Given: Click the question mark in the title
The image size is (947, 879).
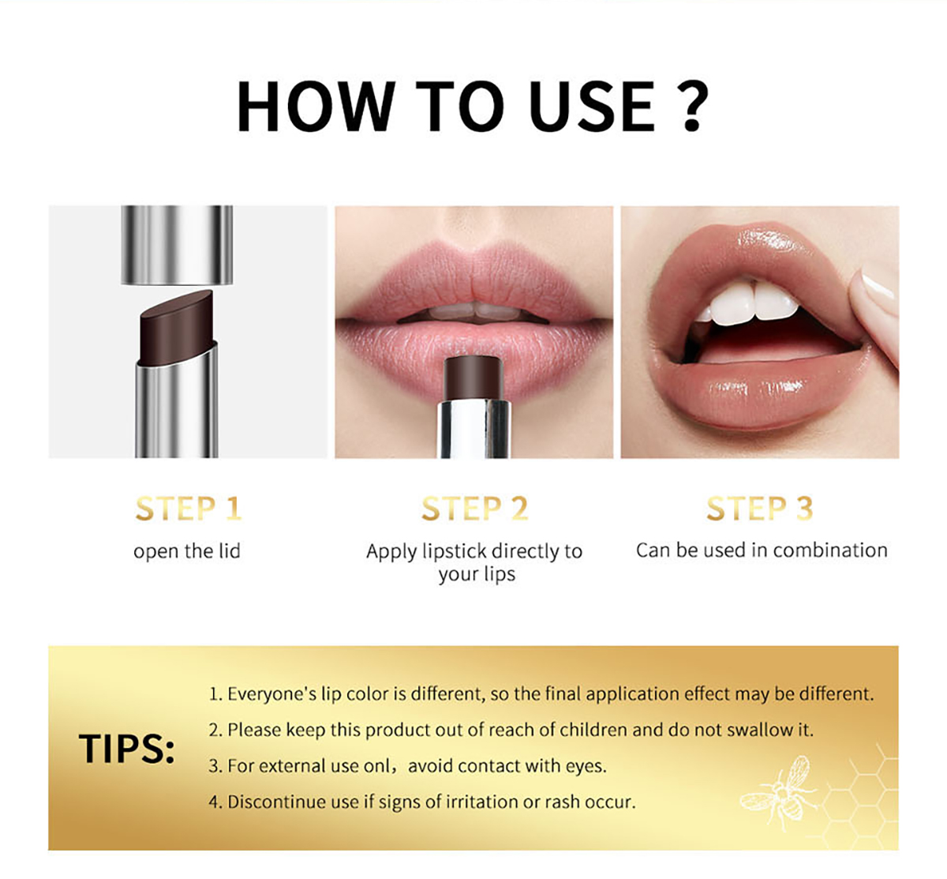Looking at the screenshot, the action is (x=692, y=106).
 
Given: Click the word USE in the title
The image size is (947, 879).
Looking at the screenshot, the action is (x=591, y=106).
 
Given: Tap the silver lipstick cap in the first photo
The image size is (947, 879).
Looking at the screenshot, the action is (x=177, y=245).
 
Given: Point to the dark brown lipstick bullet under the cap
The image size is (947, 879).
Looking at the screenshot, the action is (x=177, y=327).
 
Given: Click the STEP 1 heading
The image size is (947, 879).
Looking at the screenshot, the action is (x=189, y=509).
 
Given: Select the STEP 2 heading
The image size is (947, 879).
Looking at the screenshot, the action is (x=475, y=509).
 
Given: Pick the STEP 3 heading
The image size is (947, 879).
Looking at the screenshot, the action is (x=760, y=509).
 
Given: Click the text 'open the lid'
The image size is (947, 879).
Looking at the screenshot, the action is (x=187, y=551).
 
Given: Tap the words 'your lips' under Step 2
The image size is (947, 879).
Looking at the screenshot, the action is (x=477, y=574).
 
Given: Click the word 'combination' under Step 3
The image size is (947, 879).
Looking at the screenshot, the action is (x=830, y=550).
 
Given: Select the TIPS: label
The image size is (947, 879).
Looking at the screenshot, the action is (x=127, y=748).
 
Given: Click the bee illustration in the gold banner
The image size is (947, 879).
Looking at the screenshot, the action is (x=777, y=793).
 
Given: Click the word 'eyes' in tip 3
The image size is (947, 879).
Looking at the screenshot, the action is (x=586, y=767).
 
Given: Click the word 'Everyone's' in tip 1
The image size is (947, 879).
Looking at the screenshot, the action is (x=271, y=694).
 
